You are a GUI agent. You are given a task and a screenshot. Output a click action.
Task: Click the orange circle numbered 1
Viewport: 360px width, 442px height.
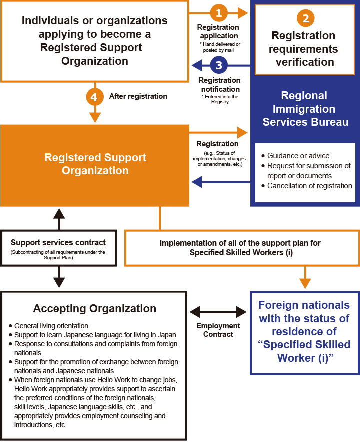(x=218, y=12)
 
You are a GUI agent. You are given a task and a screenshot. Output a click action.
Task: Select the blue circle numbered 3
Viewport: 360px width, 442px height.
(x=218, y=65)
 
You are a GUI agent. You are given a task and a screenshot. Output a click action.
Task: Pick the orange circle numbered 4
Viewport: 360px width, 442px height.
(x=95, y=96)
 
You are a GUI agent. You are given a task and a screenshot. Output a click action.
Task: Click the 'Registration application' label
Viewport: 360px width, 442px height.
(x=218, y=31)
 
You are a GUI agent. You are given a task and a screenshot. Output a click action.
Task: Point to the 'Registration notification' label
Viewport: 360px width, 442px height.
(x=220, y=84)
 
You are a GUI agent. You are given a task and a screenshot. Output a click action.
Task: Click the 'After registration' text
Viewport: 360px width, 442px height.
(x=138, y=96)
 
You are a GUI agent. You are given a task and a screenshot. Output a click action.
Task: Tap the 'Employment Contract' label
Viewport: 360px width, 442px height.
(x=218, y=330)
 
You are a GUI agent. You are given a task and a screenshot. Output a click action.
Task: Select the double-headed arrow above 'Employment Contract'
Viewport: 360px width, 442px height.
(x=218, y=313)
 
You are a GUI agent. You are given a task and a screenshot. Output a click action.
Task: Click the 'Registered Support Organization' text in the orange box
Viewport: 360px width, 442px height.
(x=95, y=164)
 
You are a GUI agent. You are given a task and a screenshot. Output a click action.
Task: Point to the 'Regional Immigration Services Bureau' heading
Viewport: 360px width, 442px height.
(x=305, y=109)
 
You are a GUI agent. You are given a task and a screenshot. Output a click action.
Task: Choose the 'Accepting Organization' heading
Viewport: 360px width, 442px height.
(x=95, y=308)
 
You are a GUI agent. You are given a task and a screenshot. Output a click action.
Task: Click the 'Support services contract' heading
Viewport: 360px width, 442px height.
(x=58, y=243)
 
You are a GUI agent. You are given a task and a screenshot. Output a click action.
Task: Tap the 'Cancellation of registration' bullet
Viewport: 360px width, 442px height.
(x=309, y=186)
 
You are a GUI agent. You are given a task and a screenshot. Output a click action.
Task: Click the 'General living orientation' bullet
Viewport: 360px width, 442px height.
(x=51, y=326)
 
